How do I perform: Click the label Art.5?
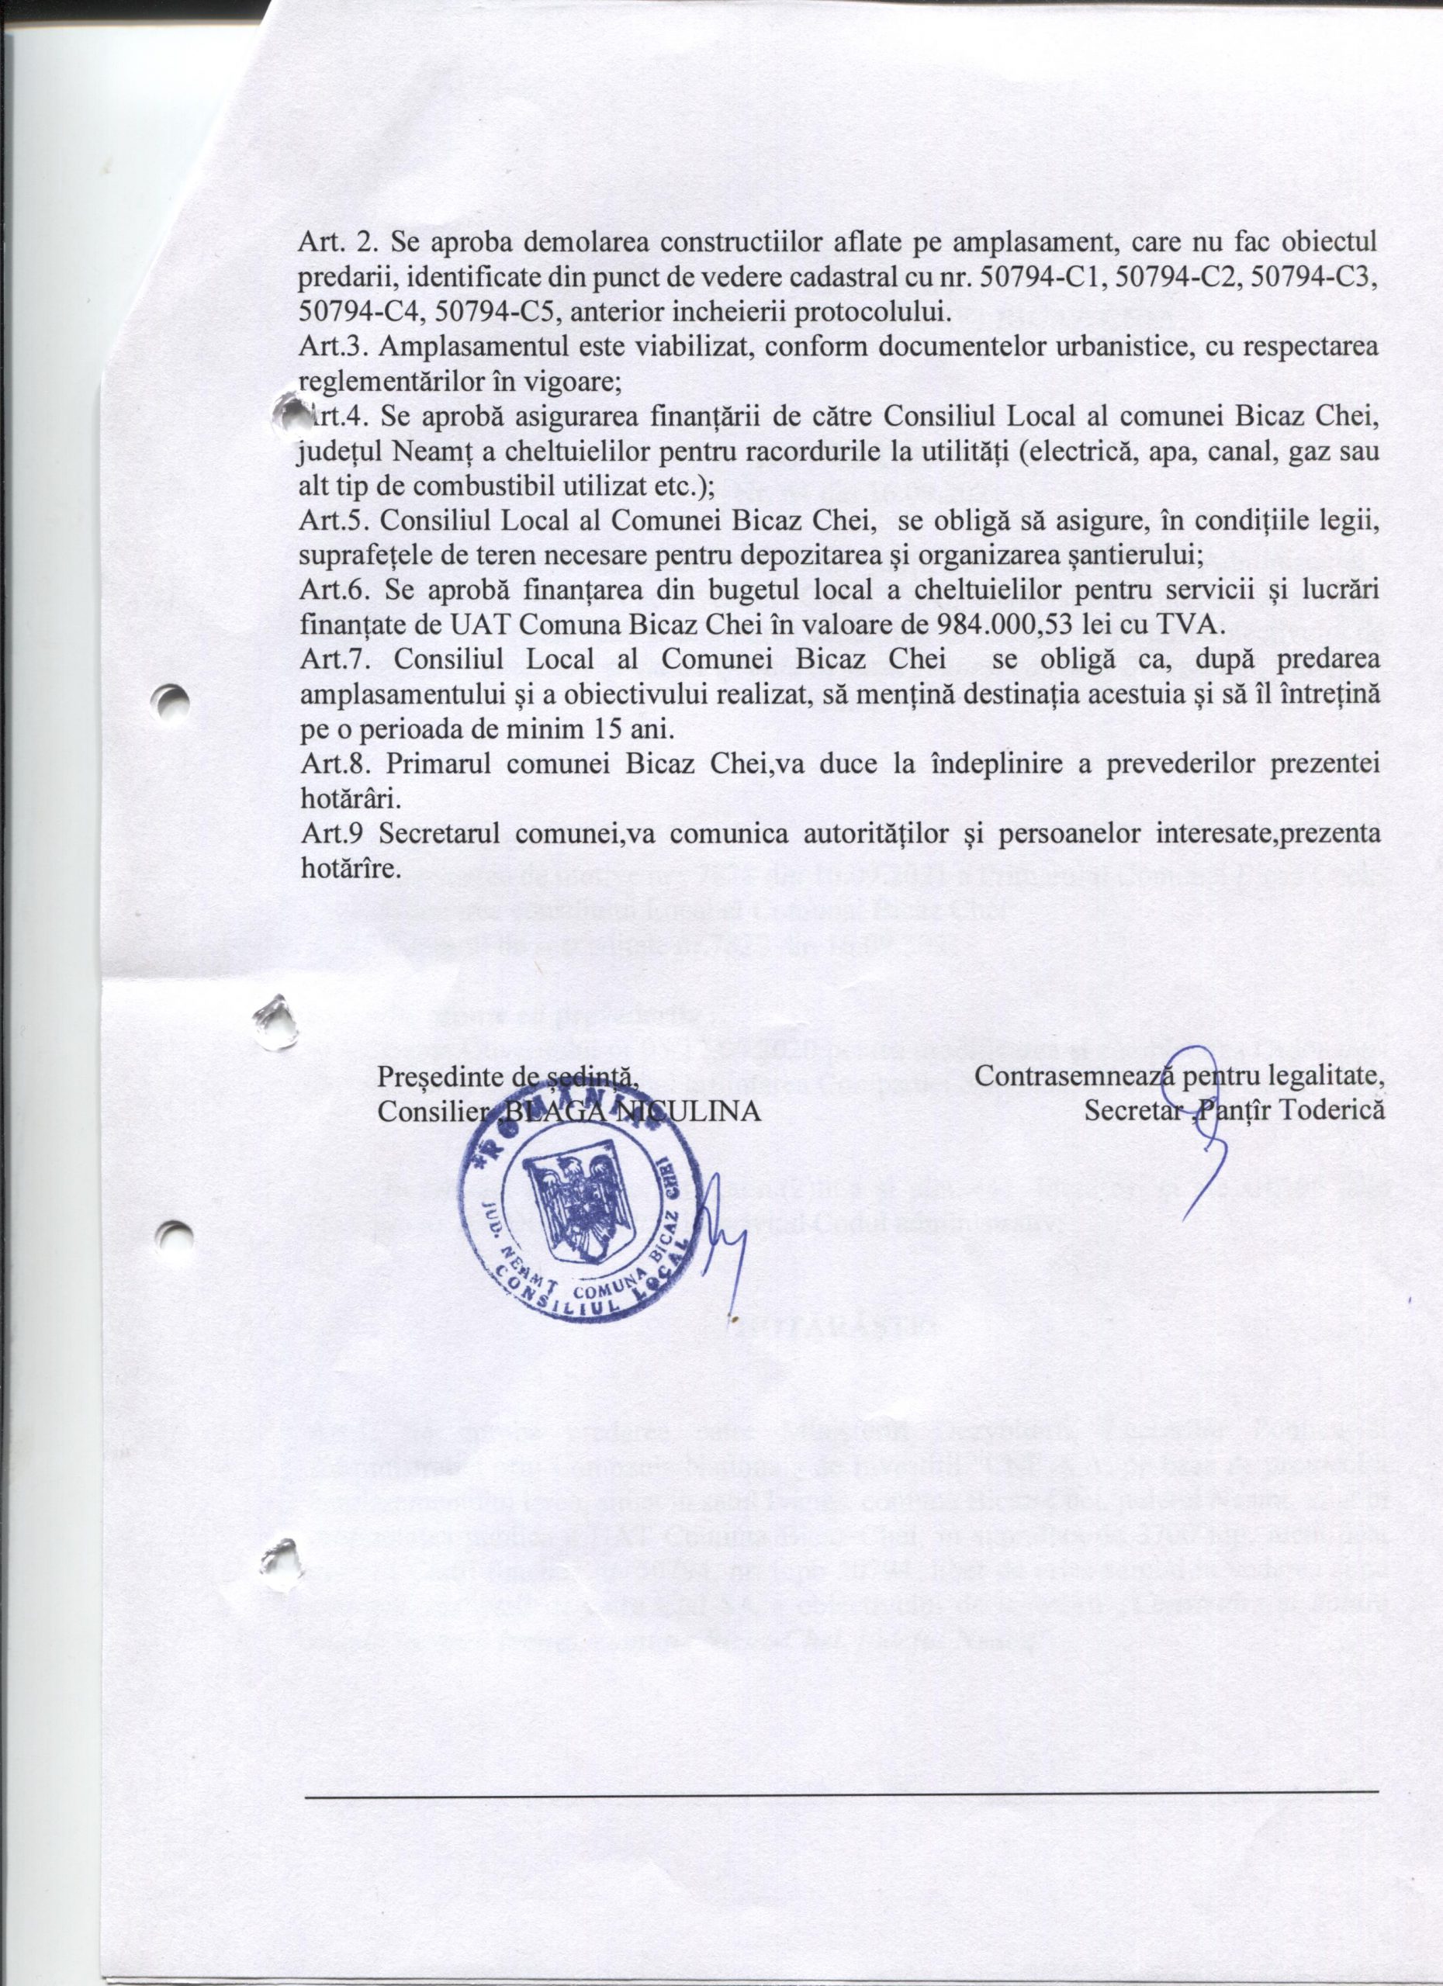tap(326, 523)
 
